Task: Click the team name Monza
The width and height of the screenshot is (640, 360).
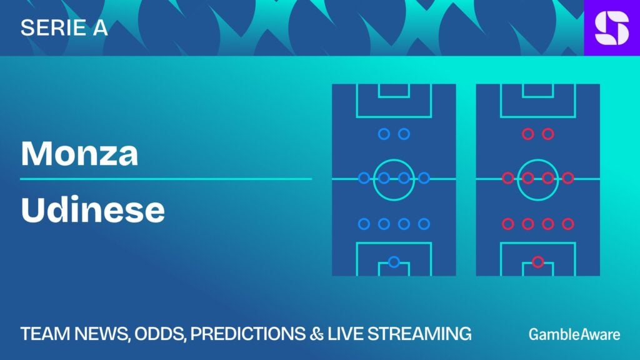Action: click(x=79, y=154)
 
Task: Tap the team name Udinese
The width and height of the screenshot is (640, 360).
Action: click(x=92, y=209)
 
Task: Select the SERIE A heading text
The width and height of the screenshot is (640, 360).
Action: click(x=64, y=27)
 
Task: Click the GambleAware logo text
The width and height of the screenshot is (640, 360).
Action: click(x=574, y=334)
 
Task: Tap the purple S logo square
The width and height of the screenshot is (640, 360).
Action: click(x=612, y=27)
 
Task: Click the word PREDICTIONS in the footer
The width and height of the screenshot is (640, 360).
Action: click(x=247, y=334)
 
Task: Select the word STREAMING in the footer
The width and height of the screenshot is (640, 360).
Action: click(x=419, y=334)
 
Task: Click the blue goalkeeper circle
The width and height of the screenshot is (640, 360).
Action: click(x=394, y=262)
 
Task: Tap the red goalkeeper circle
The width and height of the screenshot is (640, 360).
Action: click(x=537, y=262)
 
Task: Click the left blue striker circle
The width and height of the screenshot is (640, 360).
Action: click(x=384, y=134)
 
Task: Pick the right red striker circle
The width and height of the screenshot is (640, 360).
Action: click(x=547, y=134)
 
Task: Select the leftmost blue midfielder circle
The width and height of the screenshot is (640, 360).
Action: click(x=364, y=178)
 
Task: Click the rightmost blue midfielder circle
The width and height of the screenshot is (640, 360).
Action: click(x=424, y=178)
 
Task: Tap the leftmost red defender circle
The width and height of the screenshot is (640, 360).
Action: click(x=507, y=224)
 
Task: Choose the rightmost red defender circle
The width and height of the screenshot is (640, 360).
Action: click(x=567, y=224)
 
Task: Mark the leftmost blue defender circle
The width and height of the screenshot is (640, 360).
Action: click(x=364, y=224)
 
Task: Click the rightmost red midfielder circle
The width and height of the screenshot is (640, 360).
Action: click(x=567, y=178)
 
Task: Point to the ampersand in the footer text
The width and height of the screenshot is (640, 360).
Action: click(x=316, y=334)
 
